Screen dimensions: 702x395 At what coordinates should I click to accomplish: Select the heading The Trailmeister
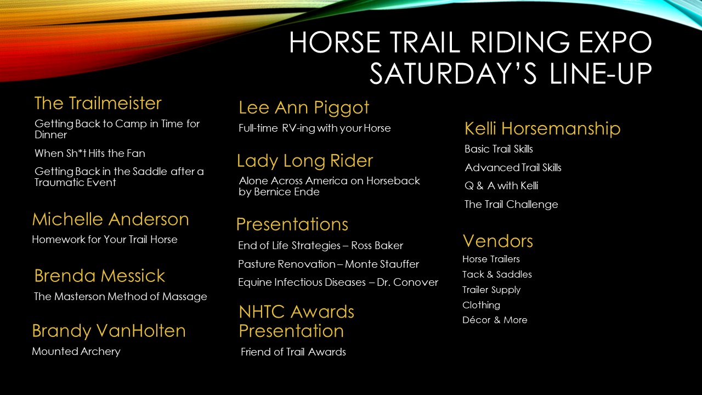98,103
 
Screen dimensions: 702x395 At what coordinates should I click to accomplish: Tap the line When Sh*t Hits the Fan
90,153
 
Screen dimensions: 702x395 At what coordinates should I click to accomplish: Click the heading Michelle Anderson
111,219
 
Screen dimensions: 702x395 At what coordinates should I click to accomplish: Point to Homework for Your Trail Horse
105,240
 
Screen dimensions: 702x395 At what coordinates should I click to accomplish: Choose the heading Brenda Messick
100,276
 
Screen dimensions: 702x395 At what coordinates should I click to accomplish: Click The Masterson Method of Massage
121,297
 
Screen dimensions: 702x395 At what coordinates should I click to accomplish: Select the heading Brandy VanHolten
109,331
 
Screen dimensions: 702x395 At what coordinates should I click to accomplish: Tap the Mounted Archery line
76,352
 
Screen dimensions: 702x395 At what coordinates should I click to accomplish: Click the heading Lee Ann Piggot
304,108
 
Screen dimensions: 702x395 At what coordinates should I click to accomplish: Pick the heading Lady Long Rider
305,161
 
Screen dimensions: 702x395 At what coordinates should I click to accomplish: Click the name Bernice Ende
287,192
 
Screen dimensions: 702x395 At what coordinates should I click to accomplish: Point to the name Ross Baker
377,245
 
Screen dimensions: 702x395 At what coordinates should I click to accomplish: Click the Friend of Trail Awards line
293,352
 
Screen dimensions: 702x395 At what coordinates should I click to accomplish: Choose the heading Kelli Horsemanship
542,129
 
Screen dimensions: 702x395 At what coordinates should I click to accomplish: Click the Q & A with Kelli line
501,185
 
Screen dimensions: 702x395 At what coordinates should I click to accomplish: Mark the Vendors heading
498,241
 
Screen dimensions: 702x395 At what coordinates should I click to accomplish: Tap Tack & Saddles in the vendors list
497,274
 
